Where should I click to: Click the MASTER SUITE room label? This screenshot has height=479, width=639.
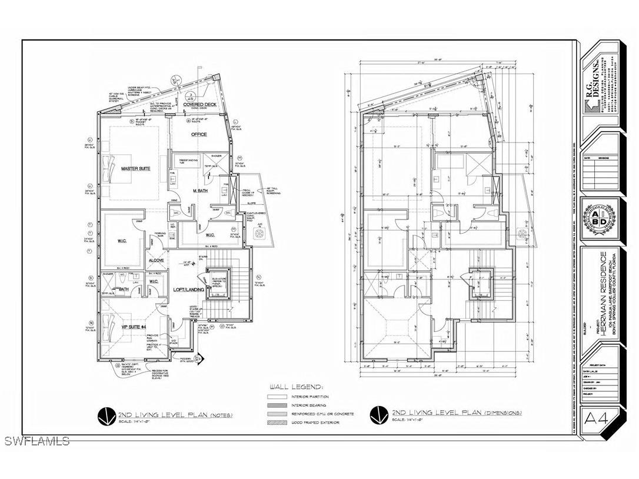click(x=135, y=169)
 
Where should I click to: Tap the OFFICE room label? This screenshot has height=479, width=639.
click(x=199, y=134)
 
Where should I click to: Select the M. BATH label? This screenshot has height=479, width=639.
click(x=202, y=191)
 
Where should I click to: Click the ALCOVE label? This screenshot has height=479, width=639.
click(x=156, y=260)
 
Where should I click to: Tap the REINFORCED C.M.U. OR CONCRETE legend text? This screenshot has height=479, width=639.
click(x=322, y=414)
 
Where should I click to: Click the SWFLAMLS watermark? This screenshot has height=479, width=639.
click(x=36, y=441)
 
